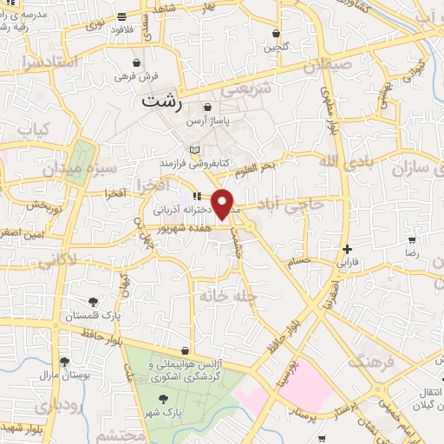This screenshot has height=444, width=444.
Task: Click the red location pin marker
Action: coord(223,204)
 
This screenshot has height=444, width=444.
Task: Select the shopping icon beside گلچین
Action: coord(277,34)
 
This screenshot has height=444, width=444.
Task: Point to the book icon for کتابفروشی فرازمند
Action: coord(194,150)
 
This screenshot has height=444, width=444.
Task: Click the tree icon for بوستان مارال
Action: coord(63,362)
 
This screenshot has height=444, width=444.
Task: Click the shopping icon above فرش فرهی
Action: coord(137,62)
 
